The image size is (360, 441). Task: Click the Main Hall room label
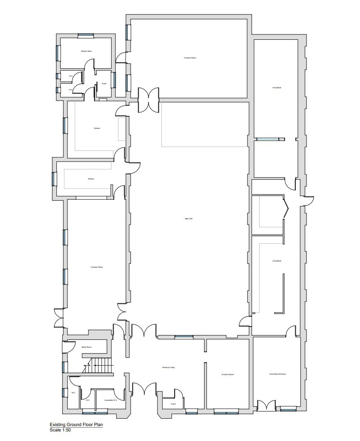coord(188,219)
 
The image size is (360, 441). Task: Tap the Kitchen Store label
coord(86,51)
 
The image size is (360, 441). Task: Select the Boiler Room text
coord(86,347)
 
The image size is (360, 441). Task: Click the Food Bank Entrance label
coord(277,374)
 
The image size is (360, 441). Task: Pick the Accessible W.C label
coord(110,400)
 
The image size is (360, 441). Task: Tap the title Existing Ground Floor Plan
coord(76,425)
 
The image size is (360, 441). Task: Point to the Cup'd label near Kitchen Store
coord(104,84)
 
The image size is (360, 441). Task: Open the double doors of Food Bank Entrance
coord(266,405)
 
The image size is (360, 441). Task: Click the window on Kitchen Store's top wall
coord(86,35)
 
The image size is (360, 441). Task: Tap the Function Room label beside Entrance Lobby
coord(228,374)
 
